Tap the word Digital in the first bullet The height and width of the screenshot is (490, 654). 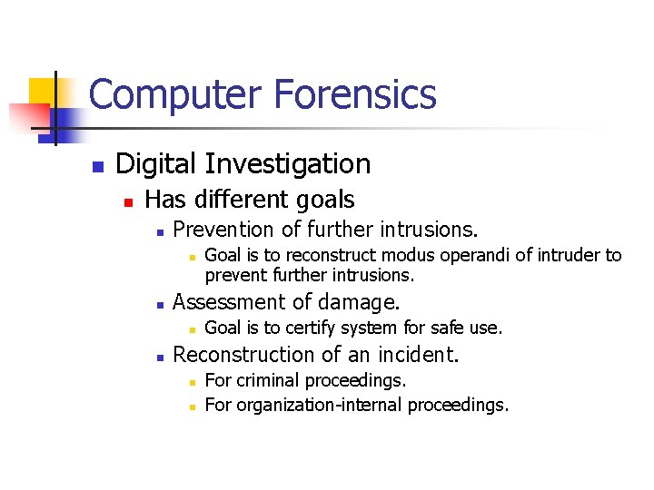(x=157, y=164)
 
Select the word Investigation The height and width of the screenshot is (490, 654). (x=288, y=164)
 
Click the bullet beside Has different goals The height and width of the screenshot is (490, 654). (x=128, y=201)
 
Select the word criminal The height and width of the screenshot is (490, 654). (x=270, y=380)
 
